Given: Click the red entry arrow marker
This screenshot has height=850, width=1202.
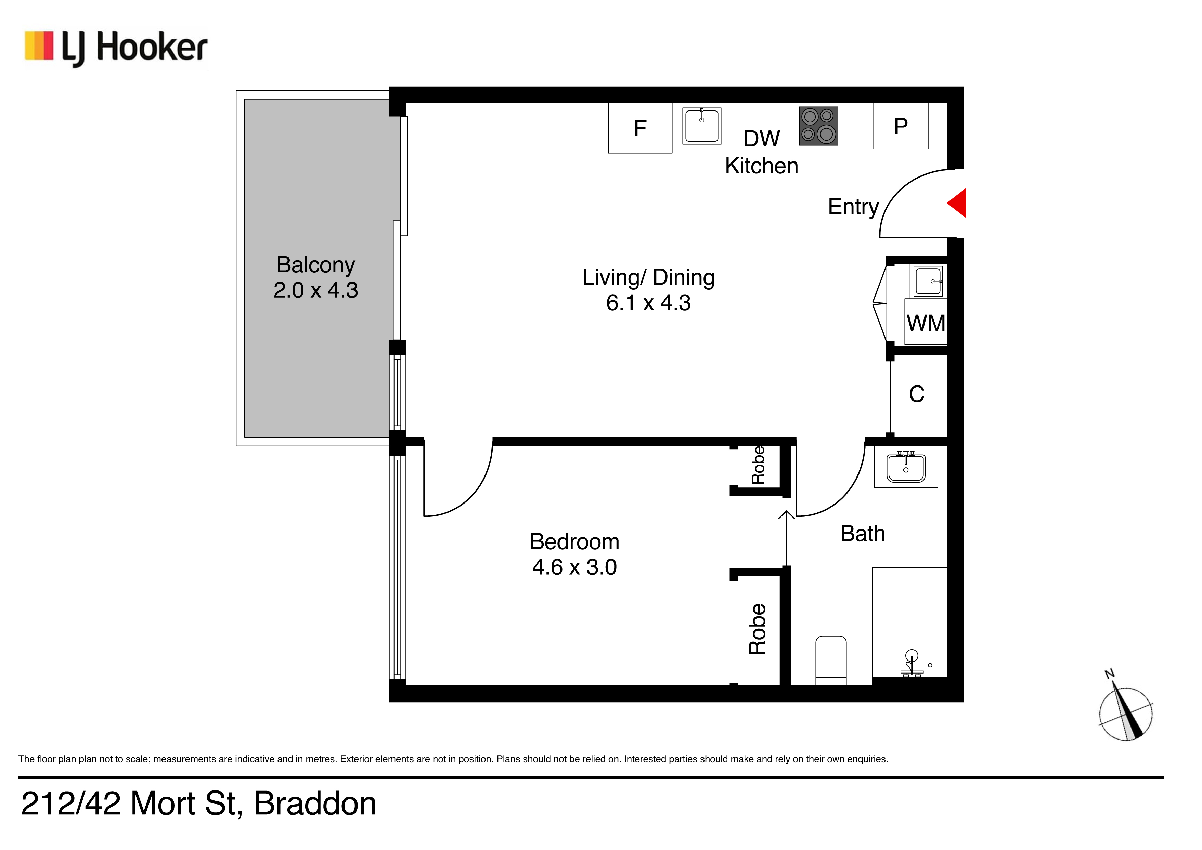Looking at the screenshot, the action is point(958,203).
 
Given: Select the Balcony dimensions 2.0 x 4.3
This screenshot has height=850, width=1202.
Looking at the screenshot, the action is point(316,290).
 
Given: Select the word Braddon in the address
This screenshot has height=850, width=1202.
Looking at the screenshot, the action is point(315,803).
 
